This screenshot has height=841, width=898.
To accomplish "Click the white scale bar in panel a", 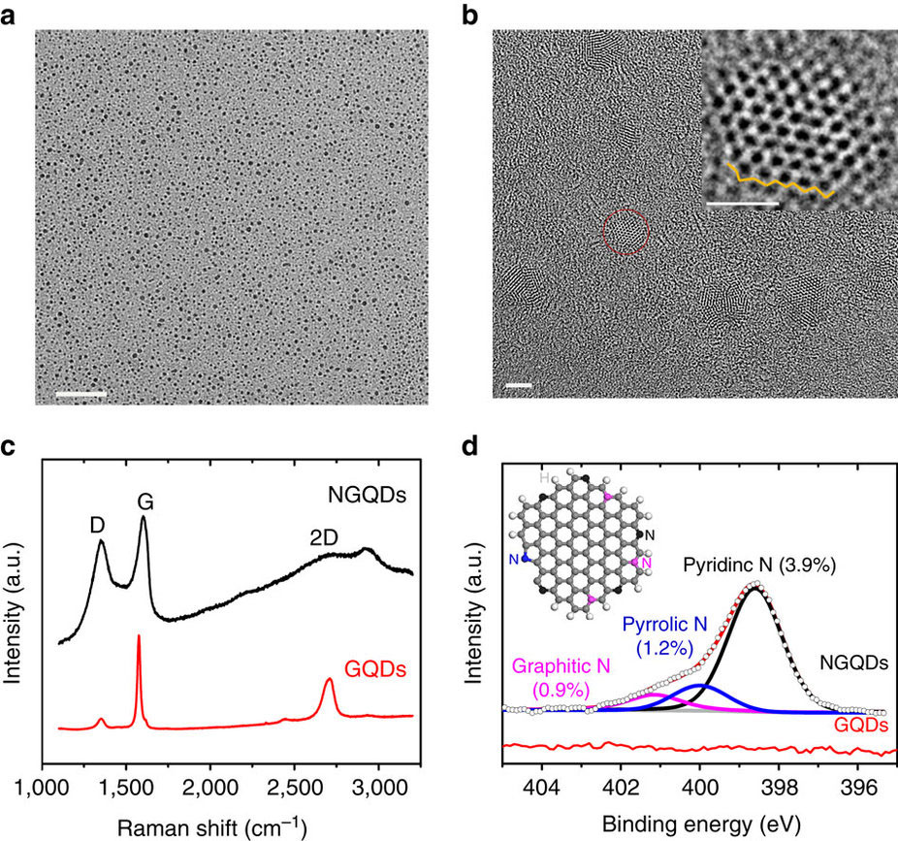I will (x=80, y=395).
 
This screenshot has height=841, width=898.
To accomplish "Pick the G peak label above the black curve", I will (x=145, y=502).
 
